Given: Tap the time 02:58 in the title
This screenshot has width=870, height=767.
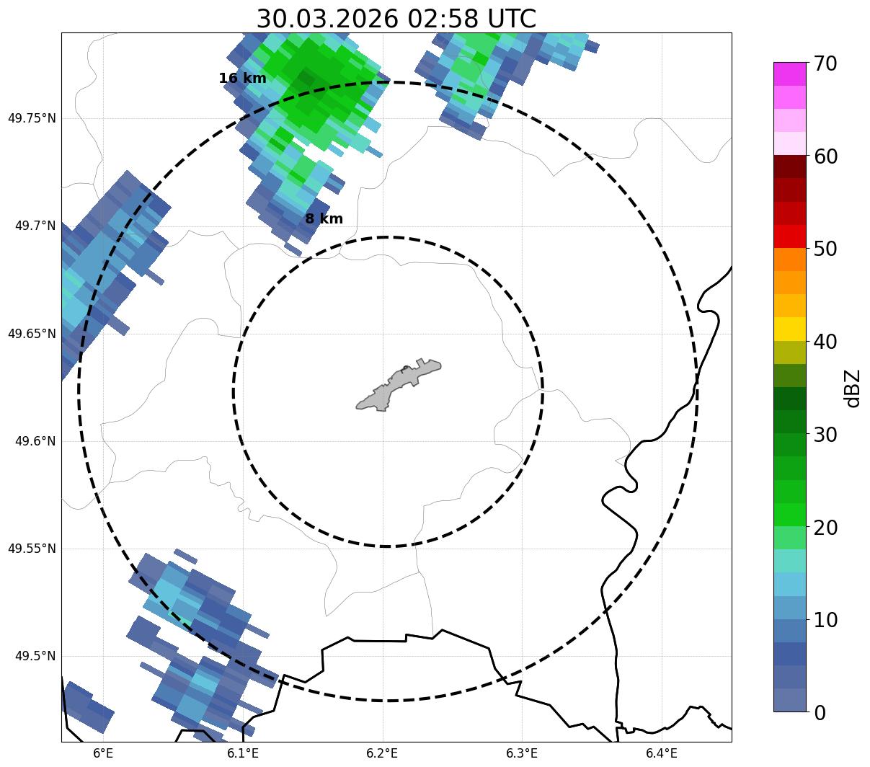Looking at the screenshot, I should tap(438, 19).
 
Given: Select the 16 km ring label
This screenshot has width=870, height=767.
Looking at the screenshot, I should tap(242, 79).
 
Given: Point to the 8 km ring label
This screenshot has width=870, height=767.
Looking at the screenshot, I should tap(324, 219).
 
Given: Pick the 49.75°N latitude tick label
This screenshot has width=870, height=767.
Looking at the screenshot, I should tap(31, 118).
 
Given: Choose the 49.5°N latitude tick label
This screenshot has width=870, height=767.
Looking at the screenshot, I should tap(35, 656).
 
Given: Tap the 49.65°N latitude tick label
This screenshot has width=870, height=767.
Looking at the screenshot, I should tap(31, 334).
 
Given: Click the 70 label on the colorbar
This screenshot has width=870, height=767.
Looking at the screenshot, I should tap(825, 63).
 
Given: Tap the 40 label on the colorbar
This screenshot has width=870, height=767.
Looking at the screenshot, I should tap(825, 342).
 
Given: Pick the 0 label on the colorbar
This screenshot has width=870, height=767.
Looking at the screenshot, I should tap(819, 713).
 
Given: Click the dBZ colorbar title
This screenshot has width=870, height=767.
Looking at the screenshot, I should tap(853, 389).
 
